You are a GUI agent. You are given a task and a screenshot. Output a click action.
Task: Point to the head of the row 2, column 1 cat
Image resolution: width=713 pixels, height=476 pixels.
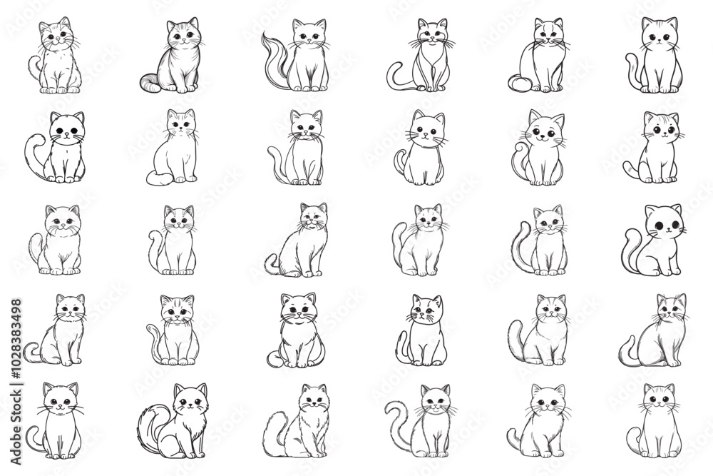pyautogui.click(x=66, y=129)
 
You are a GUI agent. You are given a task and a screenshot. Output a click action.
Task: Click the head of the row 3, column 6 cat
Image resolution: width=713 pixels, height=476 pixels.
pyautogui.click(x=663, y=223)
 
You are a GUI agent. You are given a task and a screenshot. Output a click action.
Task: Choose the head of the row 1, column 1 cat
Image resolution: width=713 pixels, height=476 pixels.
pyautogui.click(x=56, y=34)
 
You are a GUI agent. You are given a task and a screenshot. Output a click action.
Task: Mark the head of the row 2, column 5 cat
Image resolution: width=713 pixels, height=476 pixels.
pyautogui.click(x=543, y=128)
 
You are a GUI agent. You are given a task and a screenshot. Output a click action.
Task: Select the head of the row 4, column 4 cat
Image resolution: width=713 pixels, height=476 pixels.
pyautogui.click(x=427, y=311)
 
